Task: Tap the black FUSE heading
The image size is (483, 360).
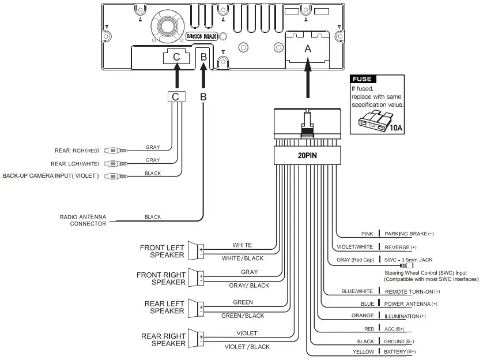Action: click(363, 79)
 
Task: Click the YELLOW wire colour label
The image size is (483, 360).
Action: click(363, 351)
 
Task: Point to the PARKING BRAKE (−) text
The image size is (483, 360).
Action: click(405, 234)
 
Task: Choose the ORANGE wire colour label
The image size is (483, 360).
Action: click(363, 316)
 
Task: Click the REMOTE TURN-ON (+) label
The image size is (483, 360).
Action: click(412, 292)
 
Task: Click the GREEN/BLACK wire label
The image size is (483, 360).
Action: click(243, 316)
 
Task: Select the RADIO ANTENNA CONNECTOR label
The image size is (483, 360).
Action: click(83, 220)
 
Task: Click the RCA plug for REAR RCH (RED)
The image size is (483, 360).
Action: click(115, 151)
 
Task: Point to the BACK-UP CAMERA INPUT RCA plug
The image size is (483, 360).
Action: click(115, 176)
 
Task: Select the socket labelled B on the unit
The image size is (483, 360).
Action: click(203, 57)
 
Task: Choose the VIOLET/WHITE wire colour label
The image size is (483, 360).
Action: click(355, 247)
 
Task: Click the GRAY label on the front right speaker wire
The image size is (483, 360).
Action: click(249, 272)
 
